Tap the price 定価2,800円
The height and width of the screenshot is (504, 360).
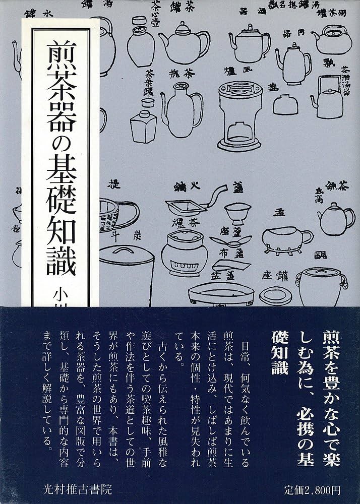313,488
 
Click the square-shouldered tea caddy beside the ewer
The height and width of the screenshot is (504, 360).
143,125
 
